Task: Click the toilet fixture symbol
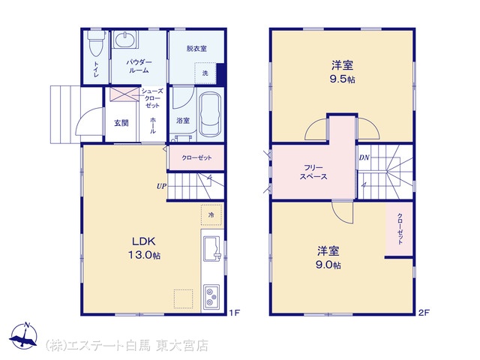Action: [x=96, y=43]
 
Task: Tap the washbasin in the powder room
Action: [x=126, y=40]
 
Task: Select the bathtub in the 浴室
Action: [x=210, y=114]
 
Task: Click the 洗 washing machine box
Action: [x=205, y=73]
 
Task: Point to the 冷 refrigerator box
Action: [x=211, y=215]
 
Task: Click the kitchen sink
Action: [x=211, y=248]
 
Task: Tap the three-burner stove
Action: [x=211, y=297]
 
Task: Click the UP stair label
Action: [x=161, y=186]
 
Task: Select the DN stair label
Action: [x=364, y=157]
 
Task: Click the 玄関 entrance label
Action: [x=121, y=123]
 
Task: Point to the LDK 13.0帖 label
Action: [x=144, y=248]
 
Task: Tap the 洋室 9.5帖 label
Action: [x=342, y=72]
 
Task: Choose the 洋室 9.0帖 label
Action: [x=328, y=258]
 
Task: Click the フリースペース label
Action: [x=313, y=172]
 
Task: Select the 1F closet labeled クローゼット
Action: [x=196, y=157]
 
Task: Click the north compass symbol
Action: [x=23, y=335]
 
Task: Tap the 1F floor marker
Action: [x=235, y=313]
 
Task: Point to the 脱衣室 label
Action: [x=196, y=48]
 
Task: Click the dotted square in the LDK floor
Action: [x=183, y=298]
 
